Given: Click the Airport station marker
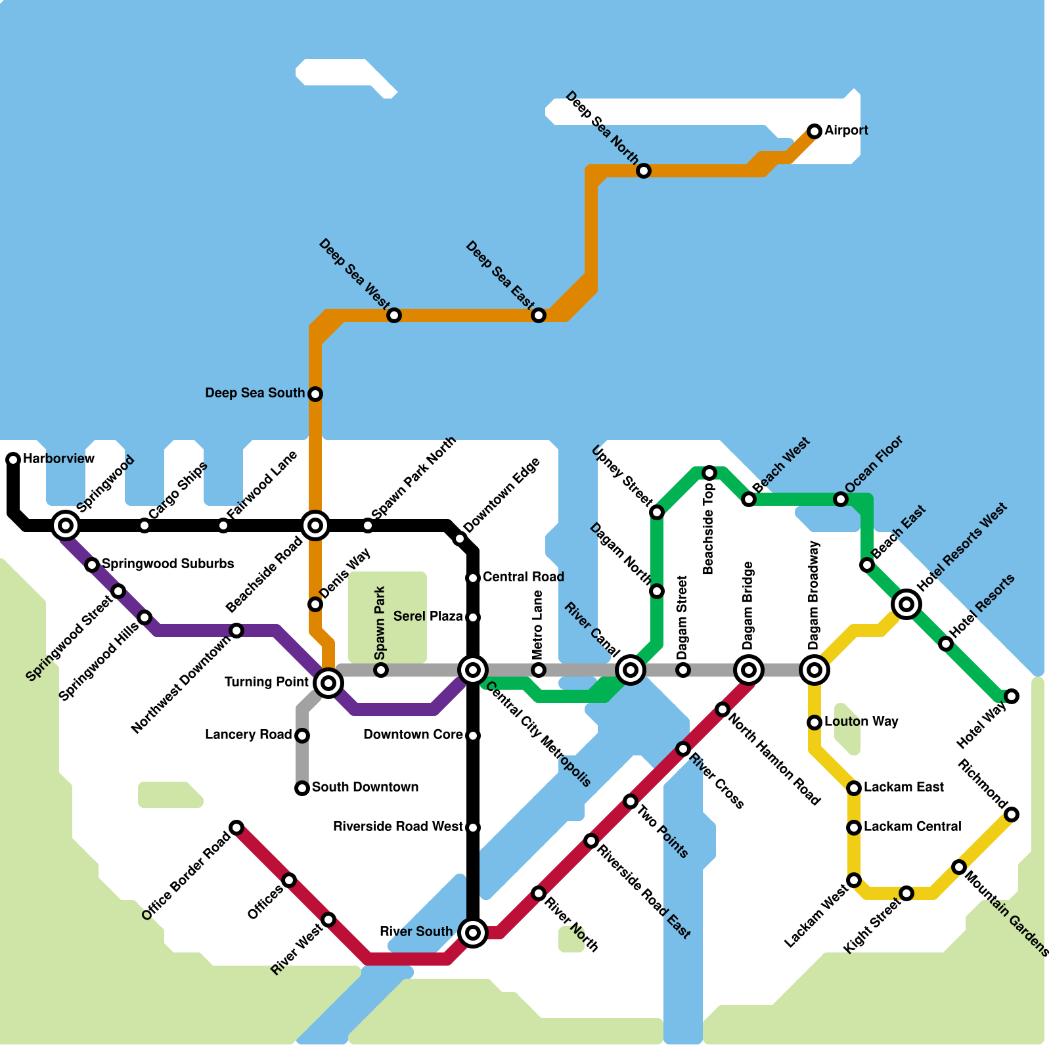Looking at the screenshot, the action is [x=815, y=131].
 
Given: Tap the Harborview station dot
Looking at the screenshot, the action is [x=13, y=459].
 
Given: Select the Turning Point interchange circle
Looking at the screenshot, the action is [x=328, y=683].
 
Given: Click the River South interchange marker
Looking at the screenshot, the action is [x=473, y=932].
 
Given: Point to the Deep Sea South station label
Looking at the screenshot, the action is [x=255, y=393].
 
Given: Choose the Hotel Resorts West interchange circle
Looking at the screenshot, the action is [x=906, y=604].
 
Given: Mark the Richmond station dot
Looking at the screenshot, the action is [x=1012, y=815].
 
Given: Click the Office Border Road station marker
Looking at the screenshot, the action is [x=236, y=827].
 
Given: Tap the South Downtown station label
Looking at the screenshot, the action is [x=365, y=787].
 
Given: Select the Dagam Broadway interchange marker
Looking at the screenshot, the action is [x=815, y=670].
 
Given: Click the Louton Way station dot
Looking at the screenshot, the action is [x=815, y=723].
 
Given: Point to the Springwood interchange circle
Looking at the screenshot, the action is [x=66, y=525].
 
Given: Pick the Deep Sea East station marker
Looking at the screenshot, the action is [x=539, y=315].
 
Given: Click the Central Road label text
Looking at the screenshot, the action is [x=523, y=577].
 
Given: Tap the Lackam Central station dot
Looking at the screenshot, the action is [x=854, y=828].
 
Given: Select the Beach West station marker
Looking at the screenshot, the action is [x=749, y=499].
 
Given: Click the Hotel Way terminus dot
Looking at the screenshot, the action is [x=1012, y=696].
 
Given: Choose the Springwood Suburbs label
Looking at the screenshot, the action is [x=168, y=564].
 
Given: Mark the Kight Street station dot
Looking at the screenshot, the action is [x=906, y=893].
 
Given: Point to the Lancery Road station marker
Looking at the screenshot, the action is [x=302, y=736].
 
